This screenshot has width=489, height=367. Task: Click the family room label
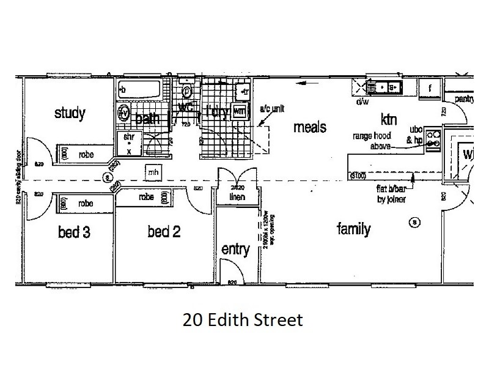point(354,229)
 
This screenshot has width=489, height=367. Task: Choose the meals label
point(310,128)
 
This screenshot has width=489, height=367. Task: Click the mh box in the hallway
point(153,174)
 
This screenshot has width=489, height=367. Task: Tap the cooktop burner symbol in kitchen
point(434,139)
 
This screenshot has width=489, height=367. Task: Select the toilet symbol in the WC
point(188,92)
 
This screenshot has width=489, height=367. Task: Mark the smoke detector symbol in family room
point(415,221)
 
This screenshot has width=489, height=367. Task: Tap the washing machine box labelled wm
point(240,112)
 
